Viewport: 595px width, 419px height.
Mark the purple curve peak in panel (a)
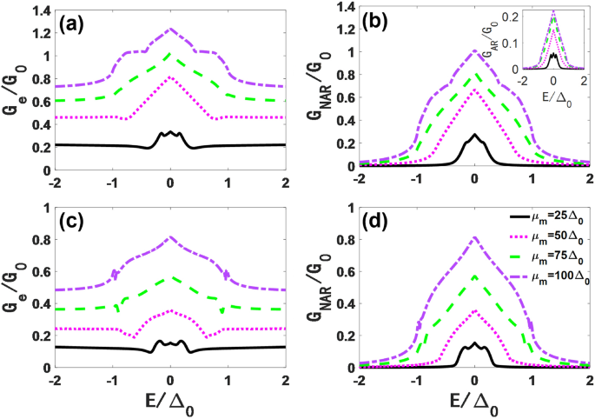click(170, 29)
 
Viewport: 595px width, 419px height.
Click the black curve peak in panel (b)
click(473, 135)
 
